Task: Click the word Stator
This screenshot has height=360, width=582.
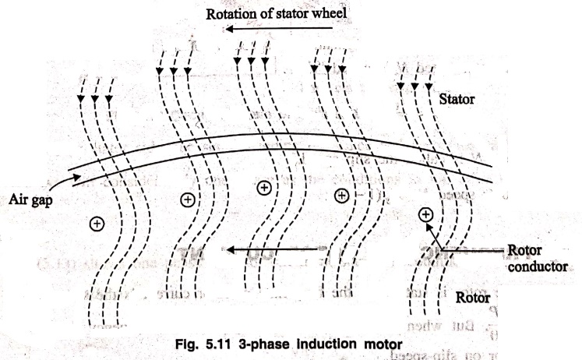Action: [x=460, y=101]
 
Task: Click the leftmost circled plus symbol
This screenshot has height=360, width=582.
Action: [x=97, y=224]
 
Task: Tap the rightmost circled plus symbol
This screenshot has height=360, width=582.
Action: [x=425, y=213]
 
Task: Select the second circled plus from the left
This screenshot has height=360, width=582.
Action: [x=187, y=199]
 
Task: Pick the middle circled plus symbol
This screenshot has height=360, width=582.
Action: [x=264, y=188]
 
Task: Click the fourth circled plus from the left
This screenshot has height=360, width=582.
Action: [x=341, y=195]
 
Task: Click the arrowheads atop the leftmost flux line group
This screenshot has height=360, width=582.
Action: [x=94, y=99]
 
